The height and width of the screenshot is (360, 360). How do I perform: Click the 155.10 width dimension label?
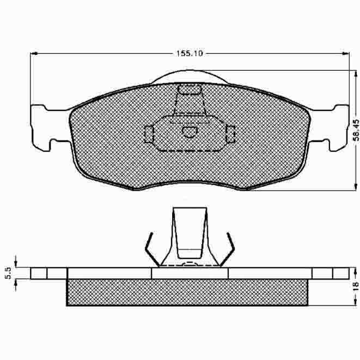coord(190,53)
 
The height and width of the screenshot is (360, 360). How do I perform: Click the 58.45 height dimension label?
coord(356,130)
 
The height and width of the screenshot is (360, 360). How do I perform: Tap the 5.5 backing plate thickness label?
coord(8,273)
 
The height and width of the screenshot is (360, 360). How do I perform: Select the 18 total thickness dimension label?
coord(356,286)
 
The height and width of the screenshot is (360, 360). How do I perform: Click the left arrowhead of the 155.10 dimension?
coord(34,53)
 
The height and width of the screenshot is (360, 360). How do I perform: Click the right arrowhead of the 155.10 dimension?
coord(345,53)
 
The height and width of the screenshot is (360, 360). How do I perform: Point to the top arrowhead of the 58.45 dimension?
coord(356,74)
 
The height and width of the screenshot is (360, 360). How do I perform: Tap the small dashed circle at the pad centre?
coord(190,132)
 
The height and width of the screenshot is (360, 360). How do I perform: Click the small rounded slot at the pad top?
coord(190,90)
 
